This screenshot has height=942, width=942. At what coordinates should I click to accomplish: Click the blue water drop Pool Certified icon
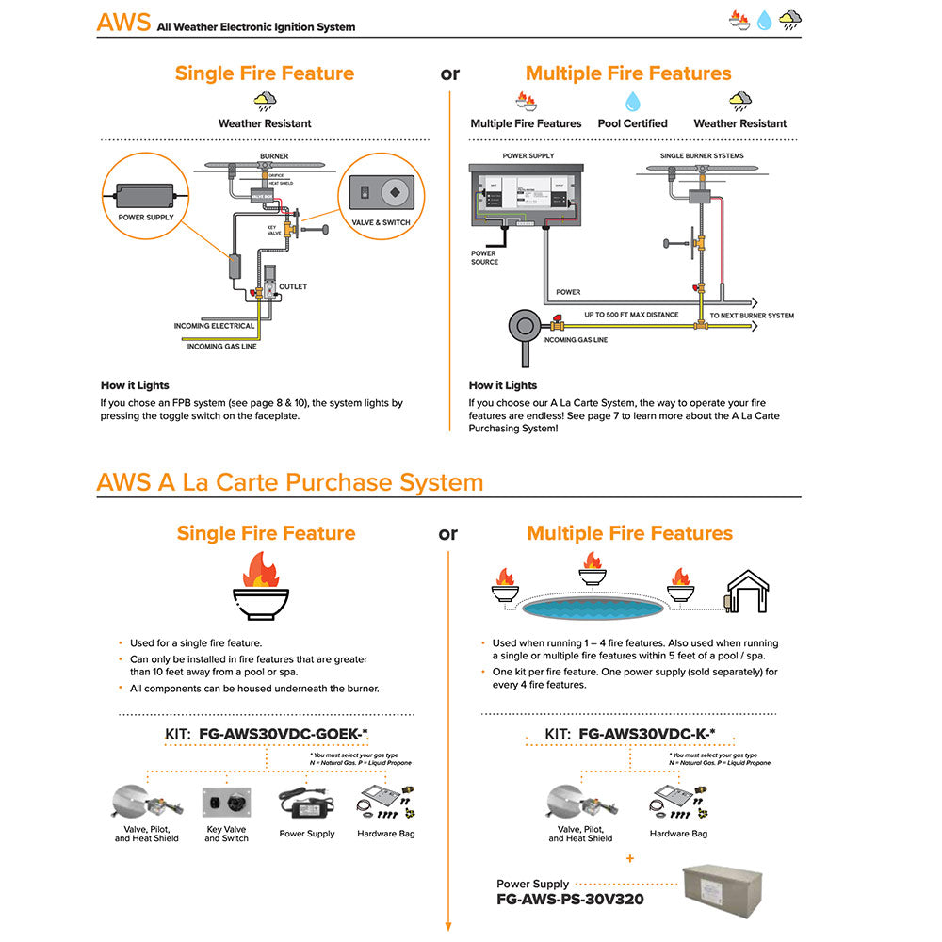tap(632, 102)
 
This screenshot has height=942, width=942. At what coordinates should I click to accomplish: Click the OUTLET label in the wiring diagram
tap(293, 286)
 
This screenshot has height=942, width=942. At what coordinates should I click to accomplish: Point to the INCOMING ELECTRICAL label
tap(214, 326)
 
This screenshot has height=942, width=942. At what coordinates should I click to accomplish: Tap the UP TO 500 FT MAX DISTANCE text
tap(631, 315)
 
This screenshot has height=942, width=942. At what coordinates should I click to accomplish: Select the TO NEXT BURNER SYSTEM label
tap(751, 316)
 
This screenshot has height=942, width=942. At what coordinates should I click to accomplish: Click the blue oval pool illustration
tap(590, 609)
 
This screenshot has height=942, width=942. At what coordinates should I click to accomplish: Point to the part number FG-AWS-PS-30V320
tap(572, 899)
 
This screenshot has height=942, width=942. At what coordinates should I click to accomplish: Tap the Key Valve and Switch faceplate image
tap(226, 802)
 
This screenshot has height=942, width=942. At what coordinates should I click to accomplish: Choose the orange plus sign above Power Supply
tap(629, 858)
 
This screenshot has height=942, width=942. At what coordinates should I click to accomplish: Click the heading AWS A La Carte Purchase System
tap(290, 482)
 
